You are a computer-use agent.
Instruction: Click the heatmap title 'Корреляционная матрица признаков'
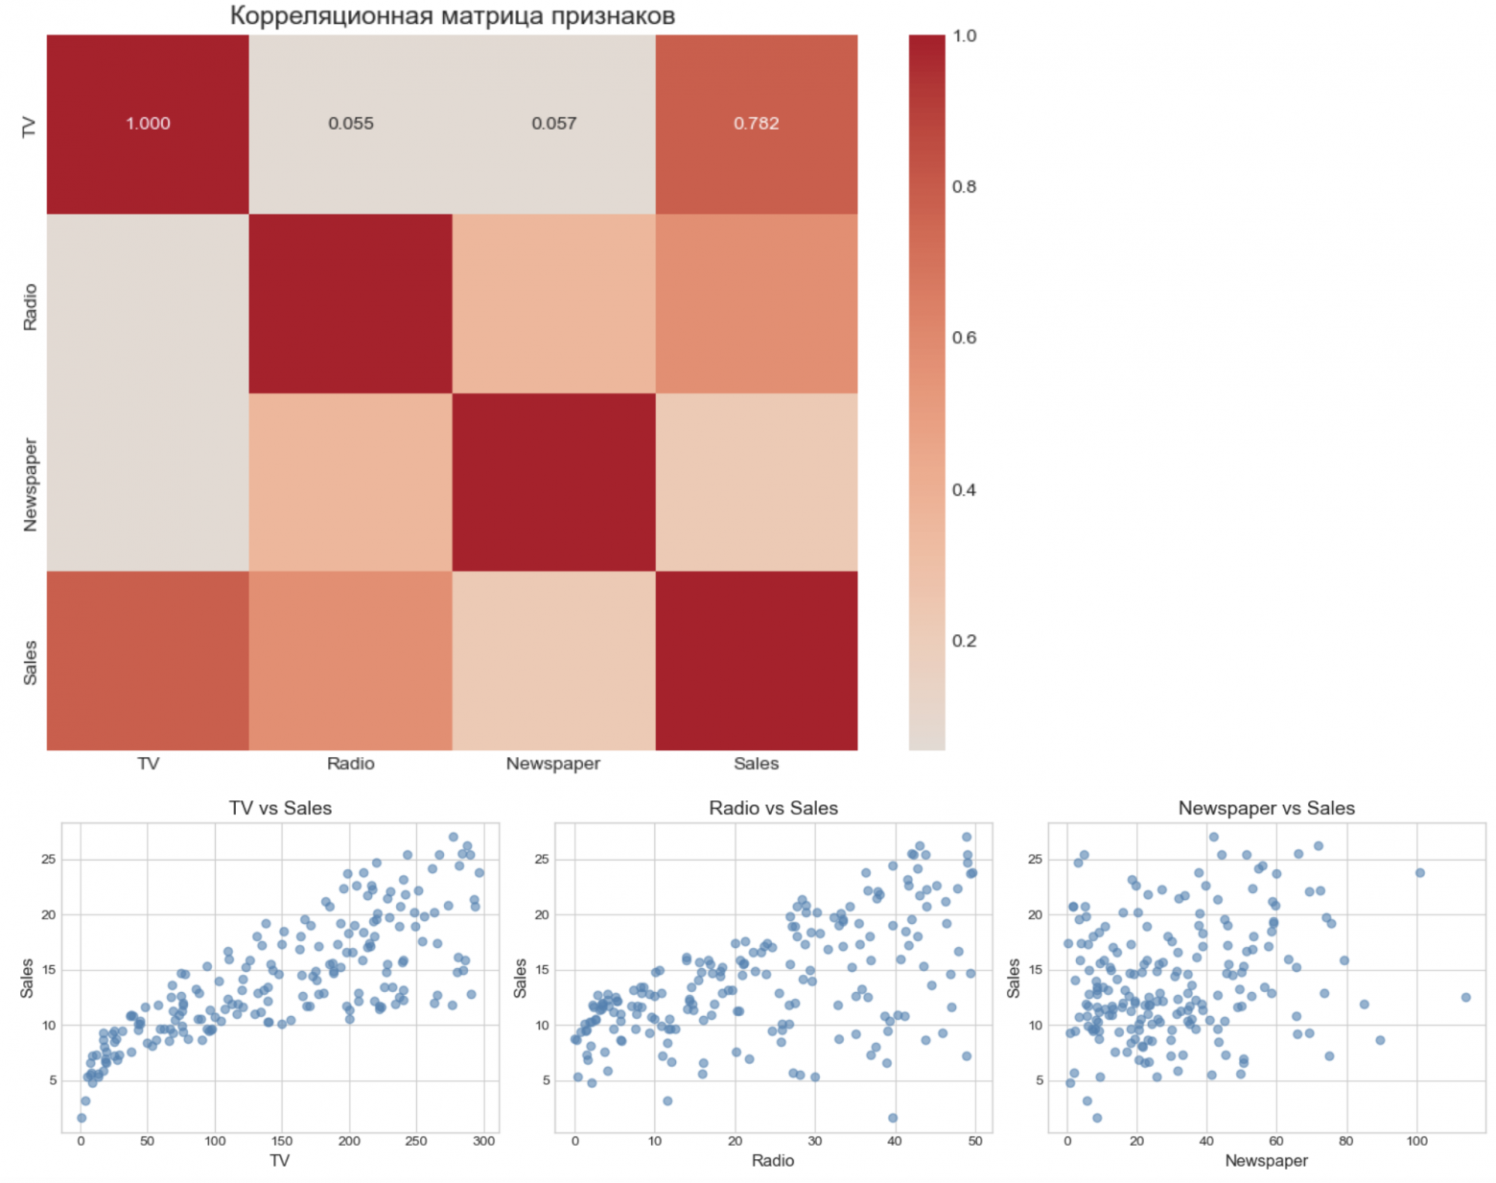(x=452, y=16)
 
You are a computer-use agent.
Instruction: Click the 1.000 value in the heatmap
(x=148, y=124)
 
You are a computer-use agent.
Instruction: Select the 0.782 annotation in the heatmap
(x=756, y=124)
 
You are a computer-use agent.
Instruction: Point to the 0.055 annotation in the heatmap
(x=351, y=124)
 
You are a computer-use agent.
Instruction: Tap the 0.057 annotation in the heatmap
(x=553, y=124)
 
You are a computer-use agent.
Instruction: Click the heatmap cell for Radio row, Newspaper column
(x=553, y=303)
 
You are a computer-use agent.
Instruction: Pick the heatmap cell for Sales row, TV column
(x=148, y=660)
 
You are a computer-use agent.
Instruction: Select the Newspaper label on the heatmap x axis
(x=553, y=764)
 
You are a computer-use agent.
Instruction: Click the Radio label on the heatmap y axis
(x=30, y=307)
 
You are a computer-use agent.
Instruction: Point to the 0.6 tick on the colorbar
(x=964, y=338)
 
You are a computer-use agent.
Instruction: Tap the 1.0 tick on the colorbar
(x=964, y=36)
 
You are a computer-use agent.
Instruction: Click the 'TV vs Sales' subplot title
(x=280, y=808)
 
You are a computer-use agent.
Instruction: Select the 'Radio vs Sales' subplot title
(x=773, y=808)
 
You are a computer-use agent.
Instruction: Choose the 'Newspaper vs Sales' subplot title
(x=1266, y=808)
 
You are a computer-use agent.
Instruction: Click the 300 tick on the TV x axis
(x=483, y=1141)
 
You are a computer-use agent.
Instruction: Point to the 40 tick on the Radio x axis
(x=895, y=1141)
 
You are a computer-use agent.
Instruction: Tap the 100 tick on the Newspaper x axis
(x=1416, y=1141)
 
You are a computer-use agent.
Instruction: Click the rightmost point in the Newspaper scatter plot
(x=1465, y=998)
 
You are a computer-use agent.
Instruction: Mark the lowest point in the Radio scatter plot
(x=893, y=1118)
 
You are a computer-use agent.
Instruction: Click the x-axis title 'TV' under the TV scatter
(x=279, y=1161)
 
